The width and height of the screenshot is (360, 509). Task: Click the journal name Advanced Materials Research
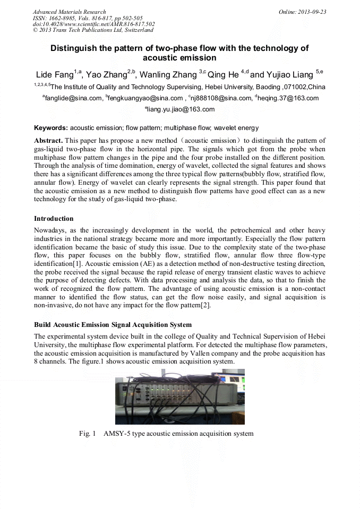click(69, 12)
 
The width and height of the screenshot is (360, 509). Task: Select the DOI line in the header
click(93, 24)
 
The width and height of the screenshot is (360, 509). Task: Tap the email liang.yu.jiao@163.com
click(181, 110)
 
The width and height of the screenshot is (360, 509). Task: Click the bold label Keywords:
click(51, 128)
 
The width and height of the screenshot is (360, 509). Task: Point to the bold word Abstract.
click(48, 141)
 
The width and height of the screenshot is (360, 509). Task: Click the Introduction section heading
click(54, 219)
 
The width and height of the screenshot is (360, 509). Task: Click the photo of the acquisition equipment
click(179, 396)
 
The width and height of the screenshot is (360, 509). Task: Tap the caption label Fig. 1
click(87, 434)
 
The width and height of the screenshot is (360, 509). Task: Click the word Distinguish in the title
click(73, 48)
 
